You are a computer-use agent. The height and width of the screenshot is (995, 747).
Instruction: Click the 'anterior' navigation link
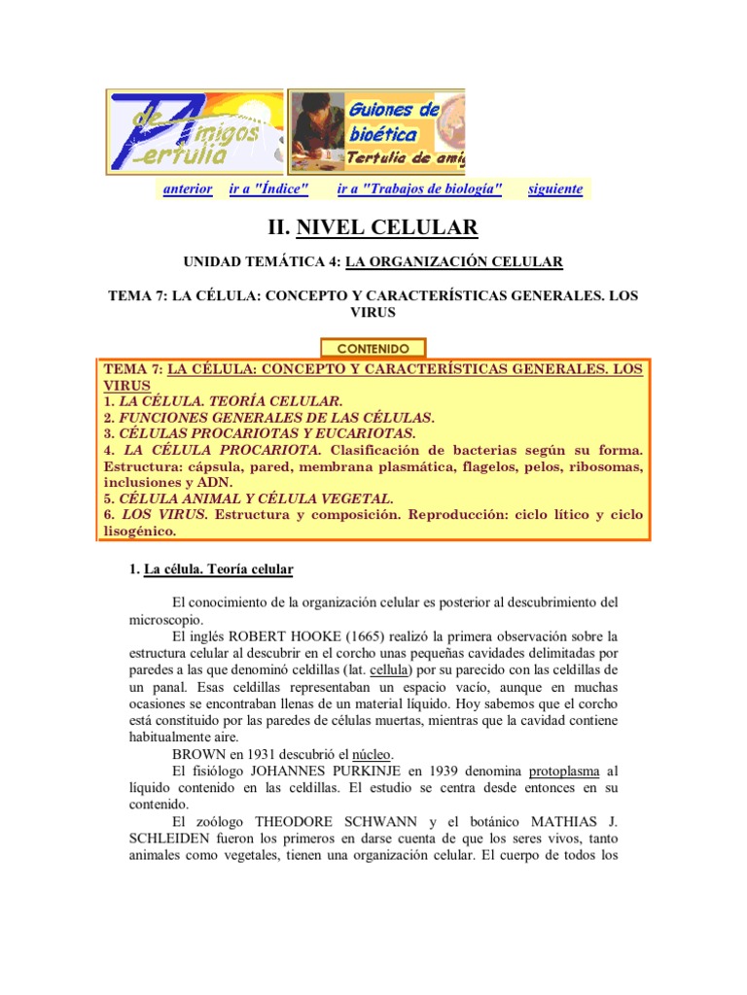[x=188, y=189]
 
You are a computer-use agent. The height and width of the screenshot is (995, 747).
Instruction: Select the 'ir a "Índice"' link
[x=268, y=189]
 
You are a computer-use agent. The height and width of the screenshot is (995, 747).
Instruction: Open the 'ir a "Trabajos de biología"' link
[x=419, y=189]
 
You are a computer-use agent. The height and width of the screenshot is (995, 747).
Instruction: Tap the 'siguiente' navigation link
[x=555, y=189]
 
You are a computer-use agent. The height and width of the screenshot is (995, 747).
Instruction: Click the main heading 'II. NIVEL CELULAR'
[x=373, y=228]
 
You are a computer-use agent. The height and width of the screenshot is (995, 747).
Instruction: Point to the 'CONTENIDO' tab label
[x=373, y=348]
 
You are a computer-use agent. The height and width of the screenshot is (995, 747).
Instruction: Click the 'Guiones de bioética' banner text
[x=394, y=123]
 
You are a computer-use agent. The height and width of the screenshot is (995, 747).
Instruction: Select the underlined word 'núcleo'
[x=371, y=753]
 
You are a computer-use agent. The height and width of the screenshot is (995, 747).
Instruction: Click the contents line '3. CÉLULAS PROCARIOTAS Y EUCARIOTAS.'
[x=260, y=433]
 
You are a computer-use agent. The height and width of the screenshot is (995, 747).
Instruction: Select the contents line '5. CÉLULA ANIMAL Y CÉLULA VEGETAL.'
[x=248, y=498]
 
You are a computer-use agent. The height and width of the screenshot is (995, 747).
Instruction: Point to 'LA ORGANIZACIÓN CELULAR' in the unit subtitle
[x=454, y=262]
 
